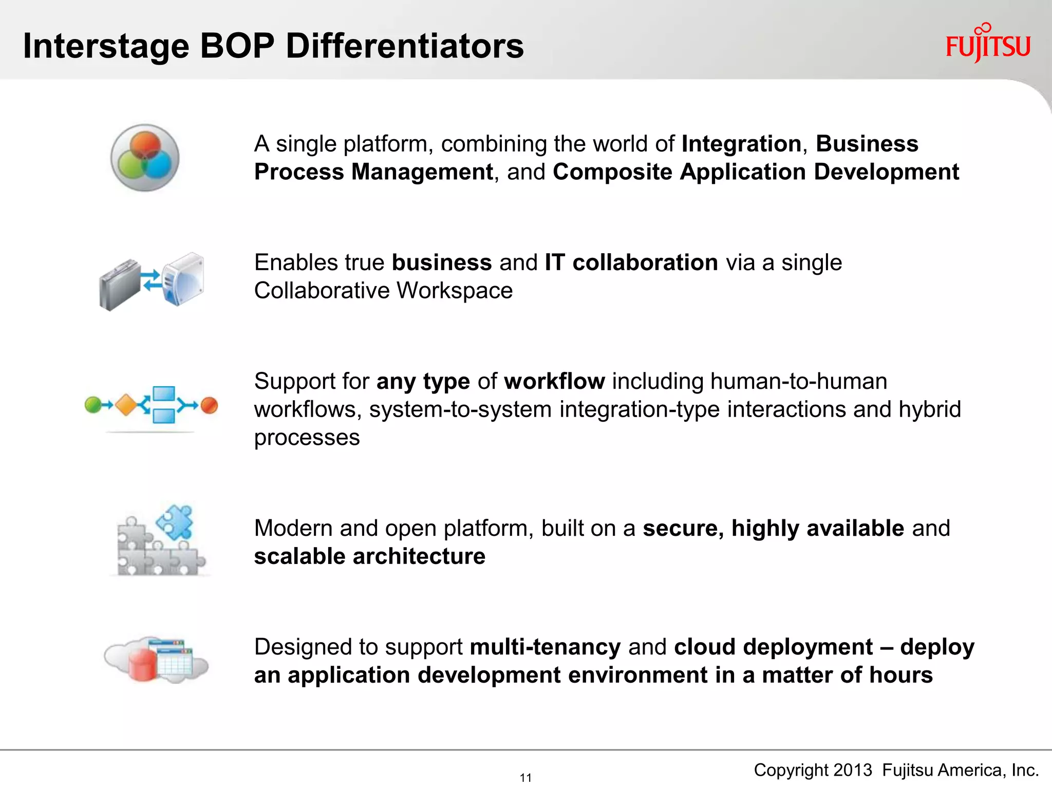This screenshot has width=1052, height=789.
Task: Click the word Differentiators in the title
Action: (x=404, y=46)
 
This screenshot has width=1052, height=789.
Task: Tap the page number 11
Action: (x=525, y=777)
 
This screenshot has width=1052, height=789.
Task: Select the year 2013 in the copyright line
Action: (x=853, y=770)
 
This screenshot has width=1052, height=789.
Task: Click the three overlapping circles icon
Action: (x=145, y=157)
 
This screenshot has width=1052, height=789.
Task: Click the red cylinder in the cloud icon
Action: (x=142, y=665)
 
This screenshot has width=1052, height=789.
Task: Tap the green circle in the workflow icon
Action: (x=93, y=405)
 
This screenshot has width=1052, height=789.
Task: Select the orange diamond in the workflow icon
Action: (x=126, y=405)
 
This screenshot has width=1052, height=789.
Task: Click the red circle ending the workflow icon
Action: (x=209, y=405)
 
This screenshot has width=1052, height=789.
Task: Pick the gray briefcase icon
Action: (x=120, y=284)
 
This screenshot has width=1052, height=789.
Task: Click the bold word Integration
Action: (x=741, y=144)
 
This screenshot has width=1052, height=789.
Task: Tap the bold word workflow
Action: (x=554, y=381)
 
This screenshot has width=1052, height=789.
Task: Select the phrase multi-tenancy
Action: (x=545, y=647)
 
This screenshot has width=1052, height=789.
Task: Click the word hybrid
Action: (x=929, y=409)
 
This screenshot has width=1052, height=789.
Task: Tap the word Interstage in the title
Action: (x=106, y=46)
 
